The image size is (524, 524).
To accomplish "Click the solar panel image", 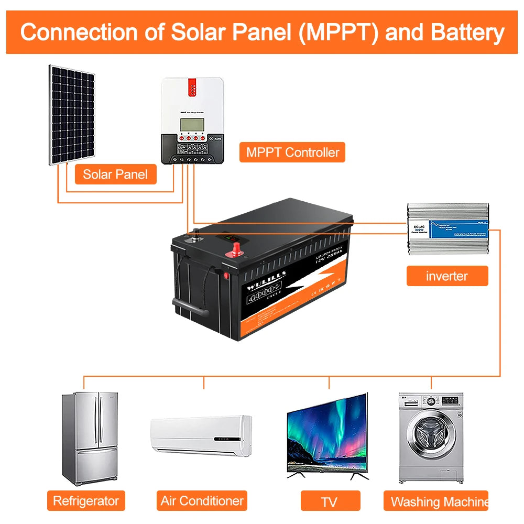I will (73, 115).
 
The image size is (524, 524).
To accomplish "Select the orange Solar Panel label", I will (115, 174).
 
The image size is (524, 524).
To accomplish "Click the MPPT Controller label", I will (292, 152).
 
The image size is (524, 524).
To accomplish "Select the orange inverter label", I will (447, 276).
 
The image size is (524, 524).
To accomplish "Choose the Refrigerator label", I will (86, 500).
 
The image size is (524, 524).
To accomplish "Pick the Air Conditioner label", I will (202, 500).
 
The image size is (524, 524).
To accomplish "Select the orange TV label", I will (330, 501).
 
